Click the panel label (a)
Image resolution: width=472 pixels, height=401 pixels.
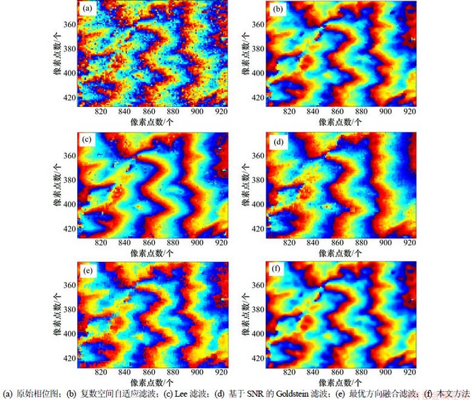pyautogui.click(x=87, y=9)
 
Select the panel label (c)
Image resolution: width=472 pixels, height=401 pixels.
pyautogui.click(x=87, y=140)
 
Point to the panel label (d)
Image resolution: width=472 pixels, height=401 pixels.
pyautogui.click(x=278, y=140)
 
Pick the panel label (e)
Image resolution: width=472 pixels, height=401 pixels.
pyautogui.click(x=87, y=270)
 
